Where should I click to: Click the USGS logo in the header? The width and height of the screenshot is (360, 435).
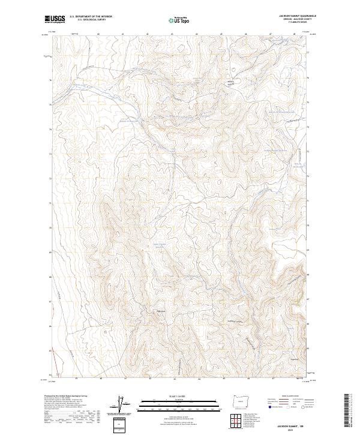pyautogui.click(x=55, y=19)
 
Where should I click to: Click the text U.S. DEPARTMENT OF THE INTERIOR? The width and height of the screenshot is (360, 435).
pyautogui.click(x=91, y=17)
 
